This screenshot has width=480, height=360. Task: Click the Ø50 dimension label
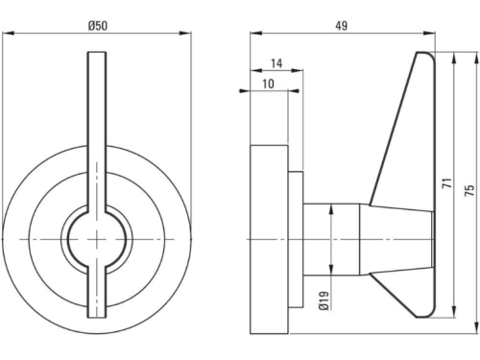(98, 26)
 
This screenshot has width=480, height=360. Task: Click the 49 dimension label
(342, 26)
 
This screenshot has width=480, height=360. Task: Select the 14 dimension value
(276, 63)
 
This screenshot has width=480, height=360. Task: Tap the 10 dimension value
(269, 84)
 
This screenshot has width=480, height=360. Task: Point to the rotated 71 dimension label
(447, 183)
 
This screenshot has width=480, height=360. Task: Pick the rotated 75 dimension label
(469, 190)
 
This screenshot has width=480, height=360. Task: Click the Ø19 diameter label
(324, 300)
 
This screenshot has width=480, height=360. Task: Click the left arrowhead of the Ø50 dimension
(9, 34)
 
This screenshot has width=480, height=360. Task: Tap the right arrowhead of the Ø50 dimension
(185, 34)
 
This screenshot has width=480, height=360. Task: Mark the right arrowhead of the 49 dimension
(429, 34)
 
